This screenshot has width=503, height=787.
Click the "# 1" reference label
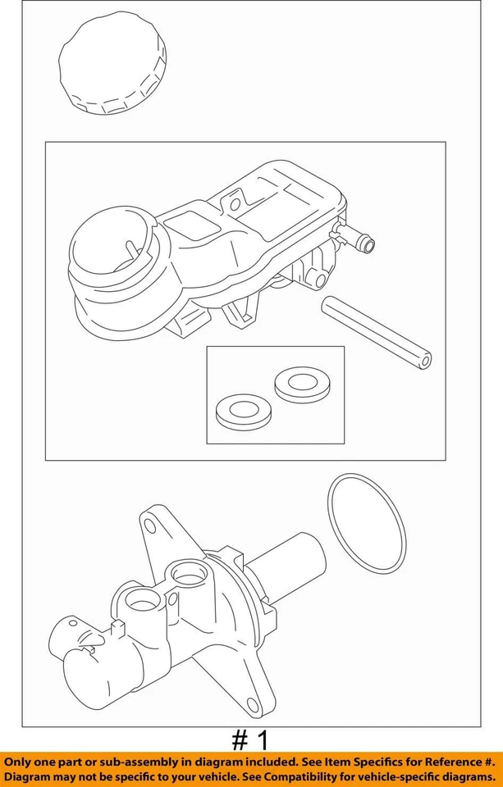coord(251,741)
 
